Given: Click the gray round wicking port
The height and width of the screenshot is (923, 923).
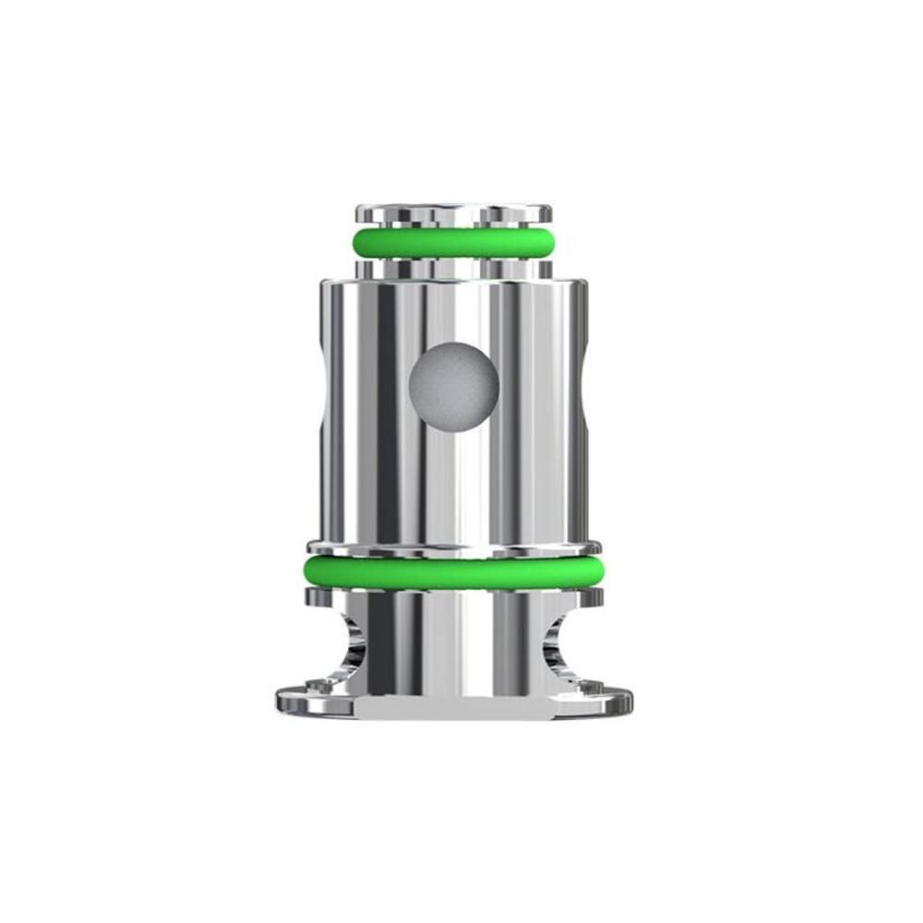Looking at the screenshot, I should click(453, 385).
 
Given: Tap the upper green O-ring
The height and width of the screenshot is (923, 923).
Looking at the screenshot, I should click(453, 243).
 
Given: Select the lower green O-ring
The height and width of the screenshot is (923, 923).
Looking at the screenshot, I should click(453, 572).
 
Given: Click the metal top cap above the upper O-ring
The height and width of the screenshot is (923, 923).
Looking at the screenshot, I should click(453, 214).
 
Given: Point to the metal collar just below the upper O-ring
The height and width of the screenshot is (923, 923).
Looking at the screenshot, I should click(453, 268).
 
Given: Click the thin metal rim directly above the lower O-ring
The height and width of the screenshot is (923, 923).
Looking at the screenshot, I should click(453, 548).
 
